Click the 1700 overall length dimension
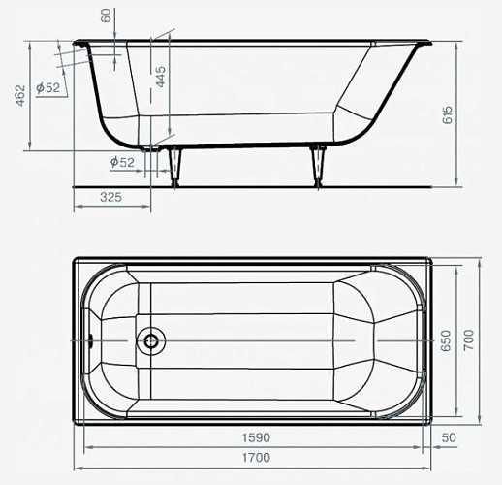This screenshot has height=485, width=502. pos(256,458)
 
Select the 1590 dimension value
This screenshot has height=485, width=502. pos(256,437)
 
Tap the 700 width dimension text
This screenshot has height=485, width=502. pos(469,340)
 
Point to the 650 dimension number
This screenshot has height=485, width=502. pos(446,340)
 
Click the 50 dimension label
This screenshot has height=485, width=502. pos(449,437)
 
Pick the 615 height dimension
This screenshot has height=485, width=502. pos(448,115)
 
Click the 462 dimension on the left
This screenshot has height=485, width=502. pos(20,95)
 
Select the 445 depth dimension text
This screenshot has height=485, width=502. pos(161,77)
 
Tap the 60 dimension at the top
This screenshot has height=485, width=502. pos(106,16)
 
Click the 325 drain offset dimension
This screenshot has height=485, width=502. pos(110,197)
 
